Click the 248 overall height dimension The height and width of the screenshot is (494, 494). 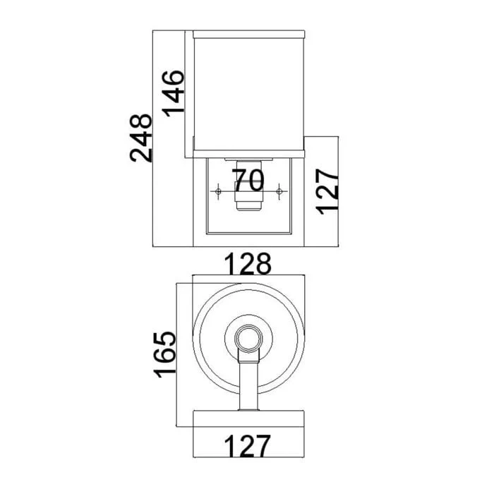click(x=141, y=138)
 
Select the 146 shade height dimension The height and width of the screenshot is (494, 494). click(x=173, y=94)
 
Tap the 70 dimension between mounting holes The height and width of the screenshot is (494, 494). click(x=248, y=180)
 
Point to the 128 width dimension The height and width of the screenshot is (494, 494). click(x=248, y=264)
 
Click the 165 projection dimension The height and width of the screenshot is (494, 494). click(x=164, y=354)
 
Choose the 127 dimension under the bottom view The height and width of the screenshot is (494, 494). click(x=247, y=446)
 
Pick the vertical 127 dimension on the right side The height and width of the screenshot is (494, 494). click(x=327, y=192)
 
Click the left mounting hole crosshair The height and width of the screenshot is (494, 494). click(x=218, y=191)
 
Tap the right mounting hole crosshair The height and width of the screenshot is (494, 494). click(x=279, y=191)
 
